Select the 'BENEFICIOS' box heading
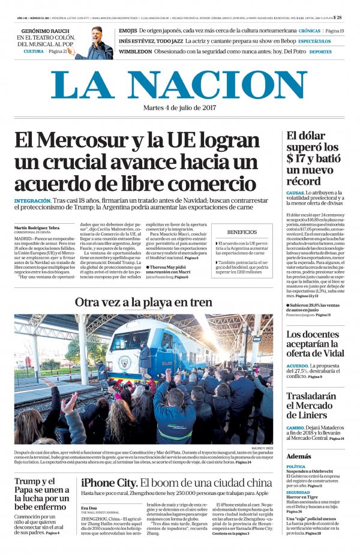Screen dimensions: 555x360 click(242, 232)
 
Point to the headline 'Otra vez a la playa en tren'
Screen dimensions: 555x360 click(143, 302)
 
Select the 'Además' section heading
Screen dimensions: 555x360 click(299, 456)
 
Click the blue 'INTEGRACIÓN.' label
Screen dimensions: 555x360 click(33, 200)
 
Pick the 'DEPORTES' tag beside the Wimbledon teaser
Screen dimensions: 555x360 click(320, 52)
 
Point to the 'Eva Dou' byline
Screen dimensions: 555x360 click(88, 508)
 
